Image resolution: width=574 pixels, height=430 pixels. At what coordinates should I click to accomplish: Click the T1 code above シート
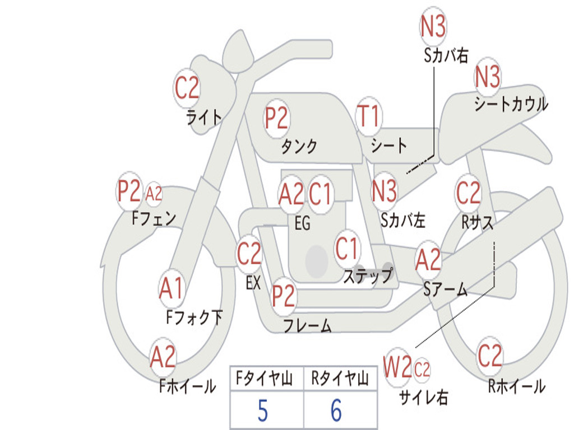point(369,116)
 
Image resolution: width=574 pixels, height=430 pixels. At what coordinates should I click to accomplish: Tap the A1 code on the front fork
point(172,288)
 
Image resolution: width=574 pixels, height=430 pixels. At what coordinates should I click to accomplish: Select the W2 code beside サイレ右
point(397,367)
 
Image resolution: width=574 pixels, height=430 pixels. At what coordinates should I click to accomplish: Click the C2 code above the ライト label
point(187,88)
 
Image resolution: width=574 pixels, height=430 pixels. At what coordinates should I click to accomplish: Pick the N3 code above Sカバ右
point(433,26)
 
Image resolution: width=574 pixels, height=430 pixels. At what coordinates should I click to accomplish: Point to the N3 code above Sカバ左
point(384,191)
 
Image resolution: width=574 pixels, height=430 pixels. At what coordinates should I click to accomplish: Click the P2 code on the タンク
point(277,118)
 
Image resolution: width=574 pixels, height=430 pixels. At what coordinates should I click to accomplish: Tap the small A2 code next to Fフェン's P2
point(154,194)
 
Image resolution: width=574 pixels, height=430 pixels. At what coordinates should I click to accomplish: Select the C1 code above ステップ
point(346,248)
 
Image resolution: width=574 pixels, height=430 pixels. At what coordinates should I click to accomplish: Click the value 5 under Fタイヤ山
point(263,410)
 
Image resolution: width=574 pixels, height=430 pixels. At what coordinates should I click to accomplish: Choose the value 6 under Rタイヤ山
point(336,410)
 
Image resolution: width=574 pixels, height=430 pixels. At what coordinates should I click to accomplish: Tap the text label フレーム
point(308,325)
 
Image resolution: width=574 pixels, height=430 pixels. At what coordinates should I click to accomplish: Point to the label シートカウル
point(511,104)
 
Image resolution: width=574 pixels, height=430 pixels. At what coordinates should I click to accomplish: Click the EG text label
point(302,223)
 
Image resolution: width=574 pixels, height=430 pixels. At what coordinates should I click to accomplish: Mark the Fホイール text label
point(187,386)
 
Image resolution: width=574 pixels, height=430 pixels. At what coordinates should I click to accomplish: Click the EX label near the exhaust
point(253,283)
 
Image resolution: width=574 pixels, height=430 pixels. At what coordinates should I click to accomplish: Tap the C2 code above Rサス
point(468,193)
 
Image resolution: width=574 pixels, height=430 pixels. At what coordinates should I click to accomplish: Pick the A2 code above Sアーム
point(428,259)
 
